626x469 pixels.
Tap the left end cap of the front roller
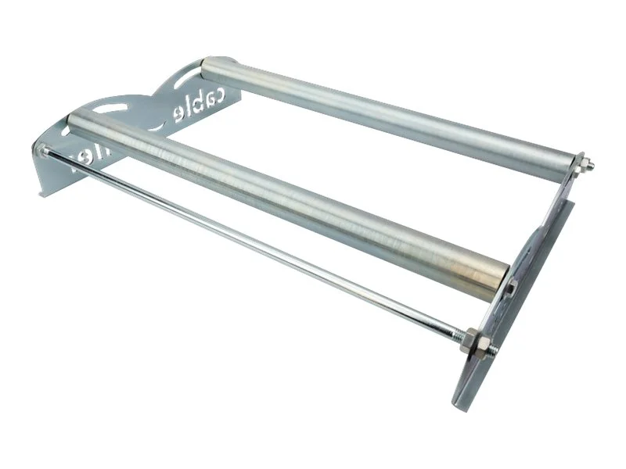76,120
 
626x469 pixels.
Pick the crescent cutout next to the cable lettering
156,125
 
